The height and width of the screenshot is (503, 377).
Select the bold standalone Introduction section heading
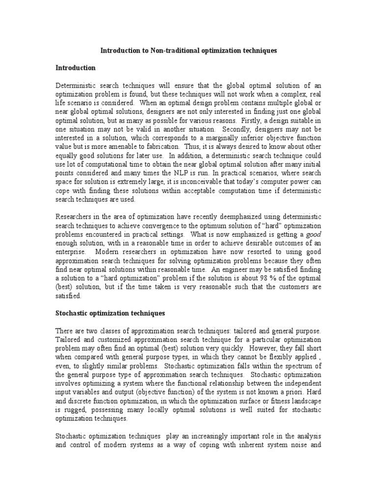coord(75,67)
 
